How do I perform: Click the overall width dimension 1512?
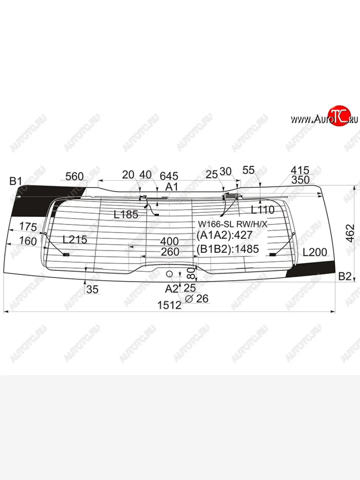click(169, 305)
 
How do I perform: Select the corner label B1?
click(16, 182)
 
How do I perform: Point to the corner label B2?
click(344, 276)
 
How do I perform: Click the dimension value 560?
click(74, 176)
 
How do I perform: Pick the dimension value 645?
click(169, 176)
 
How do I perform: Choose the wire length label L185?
click(126, 214)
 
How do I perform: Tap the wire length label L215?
click(75, 240)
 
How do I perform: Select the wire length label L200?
click(314, 252)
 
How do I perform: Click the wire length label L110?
click(262, 210)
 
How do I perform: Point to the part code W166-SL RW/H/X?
click(231, 224)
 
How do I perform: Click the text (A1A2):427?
click(224, 236)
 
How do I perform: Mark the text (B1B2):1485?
click(228, 250)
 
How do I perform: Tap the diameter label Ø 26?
click(197, 298)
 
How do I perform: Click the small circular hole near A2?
click(170, 274)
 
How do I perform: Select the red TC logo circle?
click(339, 117)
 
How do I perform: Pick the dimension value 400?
click(169, 242)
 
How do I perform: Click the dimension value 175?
click(28, 227)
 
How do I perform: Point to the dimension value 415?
click(300, 170)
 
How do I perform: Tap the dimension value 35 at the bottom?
click(92, 290)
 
